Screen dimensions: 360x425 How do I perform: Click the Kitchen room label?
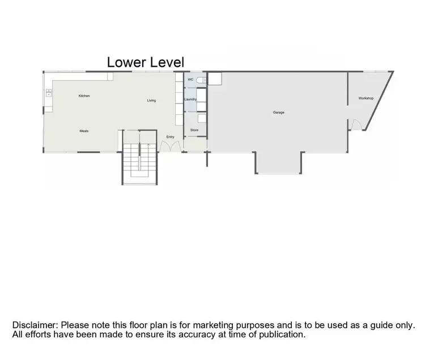pos(84,96)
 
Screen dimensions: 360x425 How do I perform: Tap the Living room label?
pos(151,101)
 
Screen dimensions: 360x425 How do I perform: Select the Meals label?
pos(84,131)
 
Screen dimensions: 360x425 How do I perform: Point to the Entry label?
pos(170,137)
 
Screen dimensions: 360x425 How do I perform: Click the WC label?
pos(190,80)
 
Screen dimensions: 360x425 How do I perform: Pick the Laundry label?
pos(190,100)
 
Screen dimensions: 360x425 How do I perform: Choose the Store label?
pos(194,130)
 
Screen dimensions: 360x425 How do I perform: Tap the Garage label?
pos(278,113)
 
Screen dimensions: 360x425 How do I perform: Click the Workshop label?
pos(365,98)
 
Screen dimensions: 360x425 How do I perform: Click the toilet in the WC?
pos(200,80)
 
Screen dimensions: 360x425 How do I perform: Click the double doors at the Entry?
pos(170,146)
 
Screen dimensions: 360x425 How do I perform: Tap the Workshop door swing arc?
pos(356,125)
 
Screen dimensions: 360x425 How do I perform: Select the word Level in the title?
pos(167,62)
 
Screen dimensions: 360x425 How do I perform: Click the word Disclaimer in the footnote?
pos(35,325)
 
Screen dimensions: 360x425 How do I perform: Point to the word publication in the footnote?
pos(282,335)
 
